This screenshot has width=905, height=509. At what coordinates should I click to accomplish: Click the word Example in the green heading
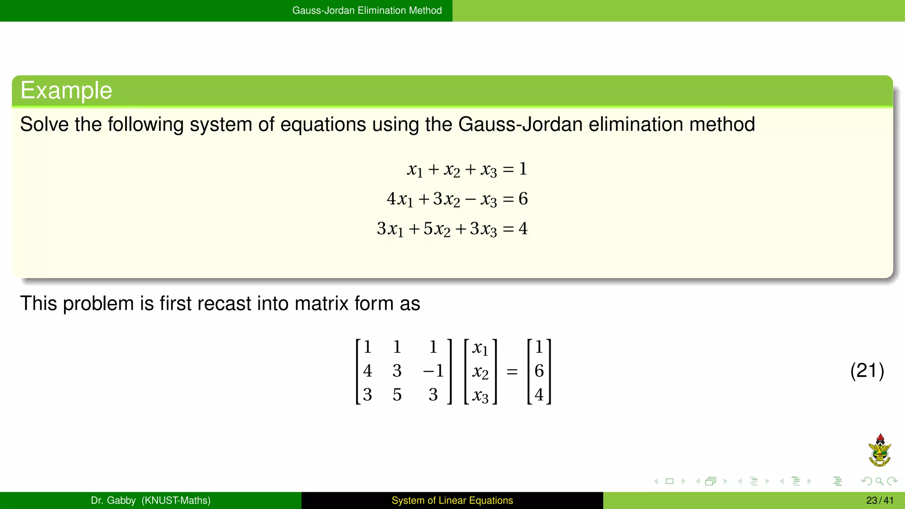[x=66, y=91]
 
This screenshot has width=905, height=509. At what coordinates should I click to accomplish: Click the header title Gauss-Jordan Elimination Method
[x=367, y=11]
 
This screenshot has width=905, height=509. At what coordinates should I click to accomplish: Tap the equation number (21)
[x=867, y=370]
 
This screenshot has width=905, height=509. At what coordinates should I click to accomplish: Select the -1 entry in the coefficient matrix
[x=433, y=371]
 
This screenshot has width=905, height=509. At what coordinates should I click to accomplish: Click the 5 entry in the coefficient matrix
[x=397, y=395]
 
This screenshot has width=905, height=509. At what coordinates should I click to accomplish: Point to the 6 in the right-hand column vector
[x=539, y=371]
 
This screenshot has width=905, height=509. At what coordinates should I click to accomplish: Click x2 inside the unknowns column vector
[x=480, y=372]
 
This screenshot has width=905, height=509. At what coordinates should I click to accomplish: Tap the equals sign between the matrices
[x=512, y=372]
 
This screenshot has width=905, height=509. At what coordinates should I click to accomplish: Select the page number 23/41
[x=879, y=501]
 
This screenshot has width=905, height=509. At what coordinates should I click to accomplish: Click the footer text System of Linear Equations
[x=452, y=501]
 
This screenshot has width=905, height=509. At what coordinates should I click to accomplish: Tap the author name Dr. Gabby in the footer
[x=113, y=501]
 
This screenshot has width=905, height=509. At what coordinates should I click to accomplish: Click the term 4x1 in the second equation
[x=399, y=199]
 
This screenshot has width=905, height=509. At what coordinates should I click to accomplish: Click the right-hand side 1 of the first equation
[x=523, y=169]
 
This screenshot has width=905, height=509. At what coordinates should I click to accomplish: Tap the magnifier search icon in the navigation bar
[x=879, y=481]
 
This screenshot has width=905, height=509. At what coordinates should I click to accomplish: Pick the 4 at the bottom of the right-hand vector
[x=539, y=395]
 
